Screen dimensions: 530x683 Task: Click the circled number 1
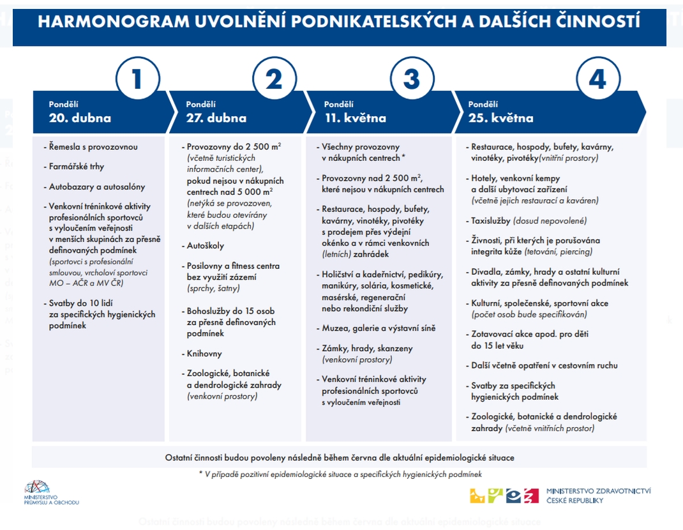(137, 80)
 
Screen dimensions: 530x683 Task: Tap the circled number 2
(274, 80)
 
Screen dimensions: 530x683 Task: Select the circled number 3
(412, 80)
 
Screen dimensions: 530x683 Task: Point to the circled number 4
(597, 80)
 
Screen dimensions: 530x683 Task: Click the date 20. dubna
(80, 118)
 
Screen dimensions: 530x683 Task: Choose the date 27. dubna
(216, 118)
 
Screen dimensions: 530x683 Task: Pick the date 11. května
(355, 118)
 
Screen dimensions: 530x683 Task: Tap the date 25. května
(500, 118)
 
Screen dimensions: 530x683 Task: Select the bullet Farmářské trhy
(77, 167)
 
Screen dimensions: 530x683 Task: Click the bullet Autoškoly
(205, 245)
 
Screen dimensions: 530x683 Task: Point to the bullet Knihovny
(205, 353)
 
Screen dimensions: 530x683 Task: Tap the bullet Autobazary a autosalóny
(97, 187)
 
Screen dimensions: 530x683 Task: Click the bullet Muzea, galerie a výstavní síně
(379, 328)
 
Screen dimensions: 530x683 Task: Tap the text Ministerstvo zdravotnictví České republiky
(599, 496)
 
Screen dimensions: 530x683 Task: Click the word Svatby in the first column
(63, 303)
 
